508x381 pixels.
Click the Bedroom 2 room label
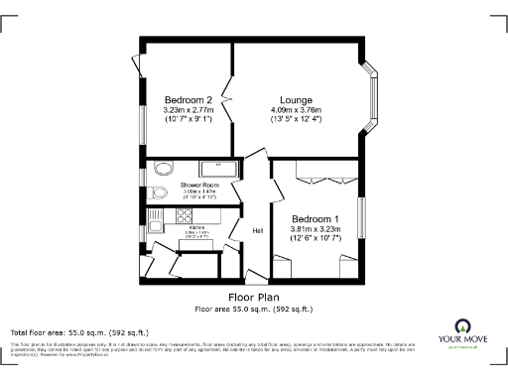188,100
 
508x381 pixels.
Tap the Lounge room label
296,100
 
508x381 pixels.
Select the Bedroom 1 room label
316,219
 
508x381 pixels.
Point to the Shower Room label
199,186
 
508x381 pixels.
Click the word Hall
258,231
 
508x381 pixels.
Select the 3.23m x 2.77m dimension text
189,110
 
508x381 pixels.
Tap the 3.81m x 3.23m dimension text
316,229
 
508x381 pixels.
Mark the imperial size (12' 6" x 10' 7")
316,239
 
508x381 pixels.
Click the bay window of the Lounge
374,99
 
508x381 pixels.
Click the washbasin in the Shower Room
163,168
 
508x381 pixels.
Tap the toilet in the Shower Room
160,192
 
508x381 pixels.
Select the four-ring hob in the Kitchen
184,214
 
